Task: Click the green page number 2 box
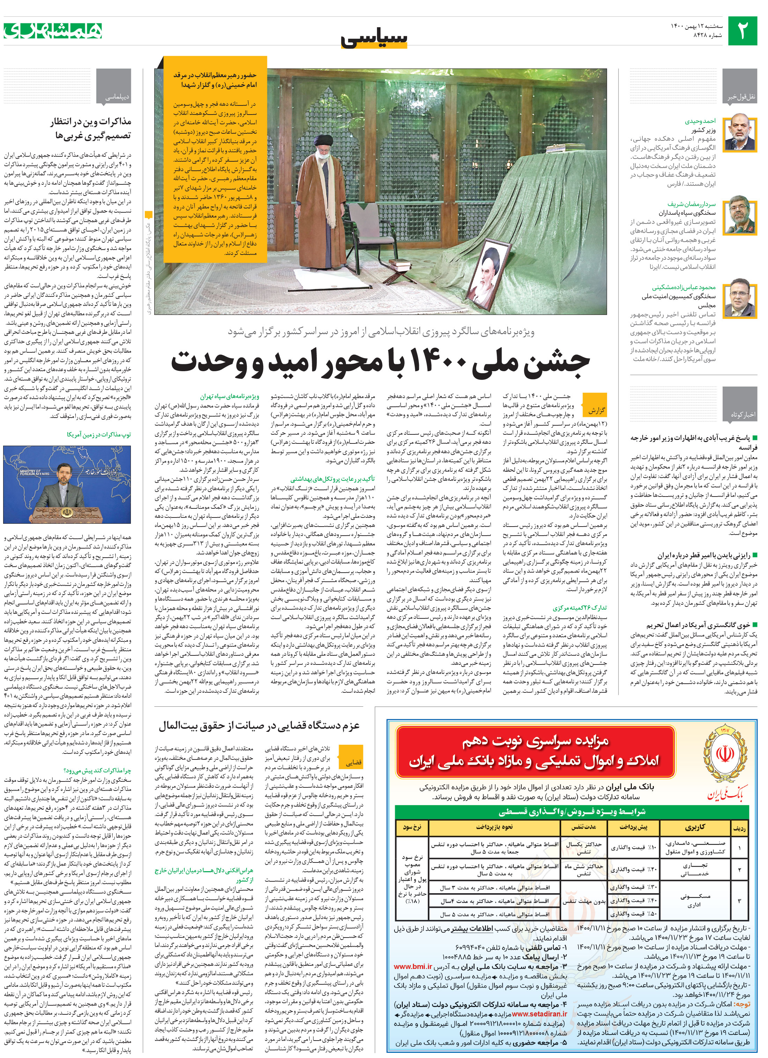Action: (743, 31)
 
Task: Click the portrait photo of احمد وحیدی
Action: (740, 132)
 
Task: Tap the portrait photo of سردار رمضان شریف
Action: (740, 215)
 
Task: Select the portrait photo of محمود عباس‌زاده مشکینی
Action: (740, 297)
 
